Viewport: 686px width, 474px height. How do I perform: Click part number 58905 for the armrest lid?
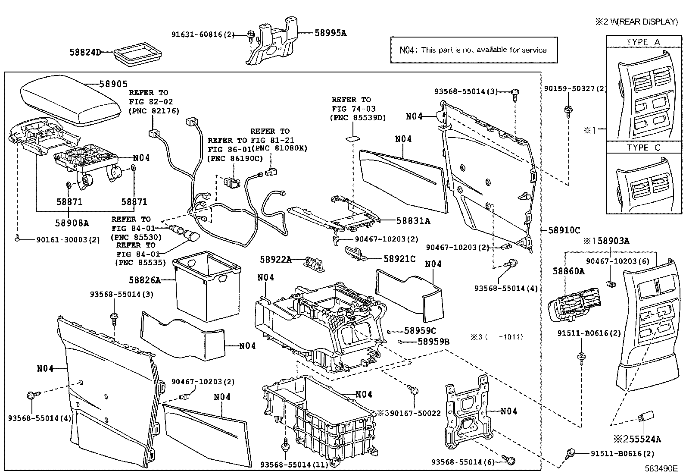click(113, 84)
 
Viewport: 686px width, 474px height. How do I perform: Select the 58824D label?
click(85, 53)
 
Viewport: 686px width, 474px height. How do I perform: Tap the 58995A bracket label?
click(331, 33)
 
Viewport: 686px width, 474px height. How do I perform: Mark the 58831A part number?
click(413, 220)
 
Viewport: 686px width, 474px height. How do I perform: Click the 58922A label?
click(275, 260)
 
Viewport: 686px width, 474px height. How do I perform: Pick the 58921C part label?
click(399, 259)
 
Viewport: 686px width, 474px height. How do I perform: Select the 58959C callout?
click(420, 331)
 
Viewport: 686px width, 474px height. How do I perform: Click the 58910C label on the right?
click(564, 230)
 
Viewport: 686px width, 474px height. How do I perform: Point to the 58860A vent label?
click(568, 271)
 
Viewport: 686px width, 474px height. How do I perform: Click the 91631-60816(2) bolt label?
click(202, 35)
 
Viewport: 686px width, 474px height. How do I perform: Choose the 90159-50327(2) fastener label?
click(575, 89)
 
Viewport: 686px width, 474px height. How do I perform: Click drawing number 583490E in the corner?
click(661, 468)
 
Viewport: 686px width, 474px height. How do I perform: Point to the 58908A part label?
click(72, 223)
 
